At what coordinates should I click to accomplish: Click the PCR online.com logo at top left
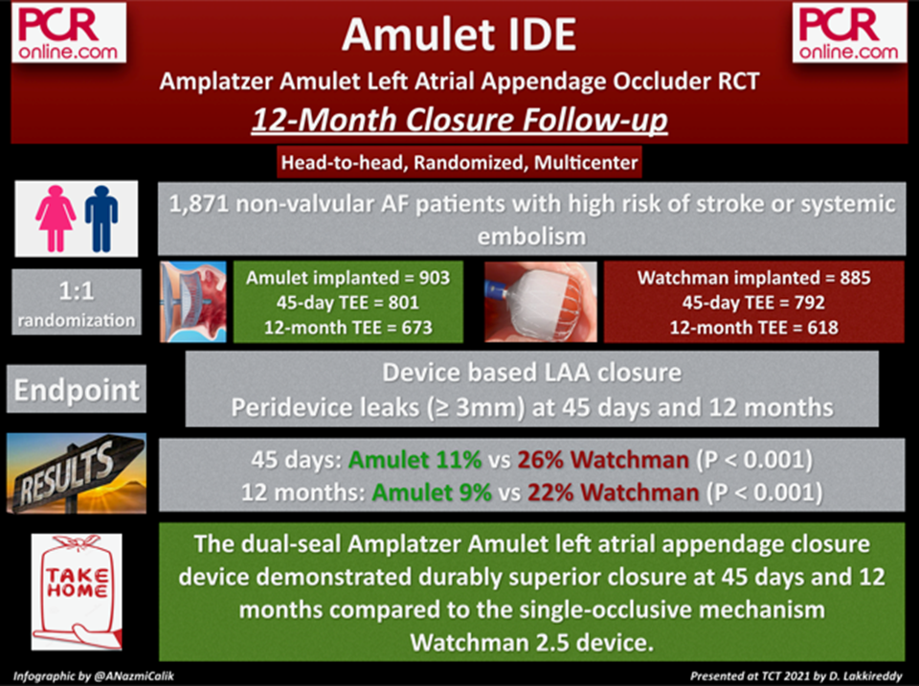[69, 33]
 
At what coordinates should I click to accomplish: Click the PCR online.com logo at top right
[849, 33]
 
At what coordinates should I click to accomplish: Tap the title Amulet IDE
[459, 34]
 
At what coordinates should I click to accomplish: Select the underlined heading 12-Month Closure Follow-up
[459, 121]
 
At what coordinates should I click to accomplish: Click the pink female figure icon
[56, 218]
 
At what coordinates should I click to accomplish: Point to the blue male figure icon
[101, 218]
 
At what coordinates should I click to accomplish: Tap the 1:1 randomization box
[77, 302]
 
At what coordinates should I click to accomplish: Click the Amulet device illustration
[193, 302]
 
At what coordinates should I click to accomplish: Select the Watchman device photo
[541, 302]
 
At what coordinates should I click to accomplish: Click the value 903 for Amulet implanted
[435, 278]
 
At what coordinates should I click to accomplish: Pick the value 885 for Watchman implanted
[855, 278]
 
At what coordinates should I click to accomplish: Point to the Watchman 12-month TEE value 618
[822, 328]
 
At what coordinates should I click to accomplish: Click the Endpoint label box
[77, 389]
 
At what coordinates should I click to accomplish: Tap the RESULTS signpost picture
[77, 473]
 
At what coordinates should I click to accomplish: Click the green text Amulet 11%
[415, 460]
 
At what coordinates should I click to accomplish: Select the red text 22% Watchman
[613, 492]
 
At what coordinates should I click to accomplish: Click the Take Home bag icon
[77, 591]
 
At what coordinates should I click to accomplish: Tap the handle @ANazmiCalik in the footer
[134, 676]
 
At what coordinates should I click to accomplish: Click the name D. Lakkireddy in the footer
[864, 676]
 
